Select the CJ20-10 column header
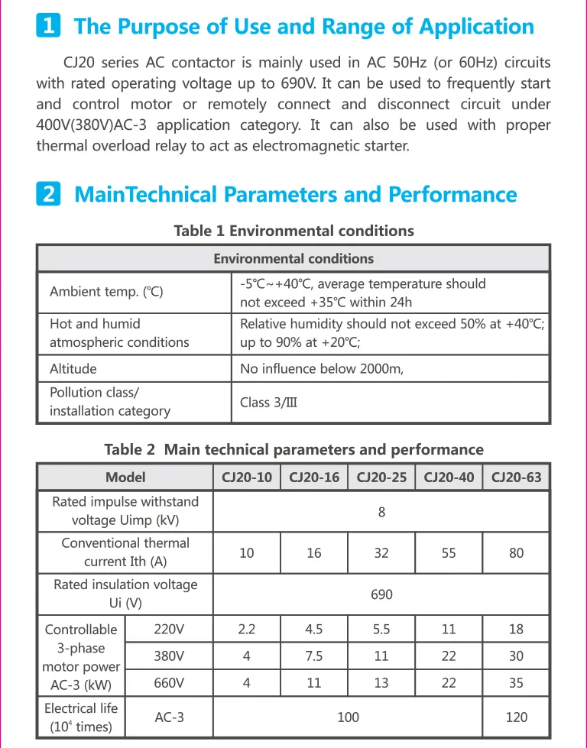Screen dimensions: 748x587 point(247,478)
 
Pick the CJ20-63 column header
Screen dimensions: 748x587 point(516,478)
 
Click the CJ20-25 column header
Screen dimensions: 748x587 point(381,478)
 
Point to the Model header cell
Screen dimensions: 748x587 point(125,478)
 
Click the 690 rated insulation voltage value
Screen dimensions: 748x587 point(381,594)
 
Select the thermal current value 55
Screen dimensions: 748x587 point(449,552)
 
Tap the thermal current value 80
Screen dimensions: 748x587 point(516,552)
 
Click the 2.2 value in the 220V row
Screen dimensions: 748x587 point(247,630)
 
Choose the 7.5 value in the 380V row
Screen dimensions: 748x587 point(314,656)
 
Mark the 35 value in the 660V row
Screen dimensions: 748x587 point(516,683)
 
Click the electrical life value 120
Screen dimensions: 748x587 point(516,717)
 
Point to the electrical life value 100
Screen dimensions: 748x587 point(348,717)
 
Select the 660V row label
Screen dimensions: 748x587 point(169,683)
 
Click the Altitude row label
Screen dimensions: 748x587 point(73,369)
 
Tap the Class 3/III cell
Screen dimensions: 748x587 point(268,402)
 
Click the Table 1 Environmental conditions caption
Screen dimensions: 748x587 point(293,231)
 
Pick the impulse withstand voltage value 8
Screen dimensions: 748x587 point(381,512)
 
